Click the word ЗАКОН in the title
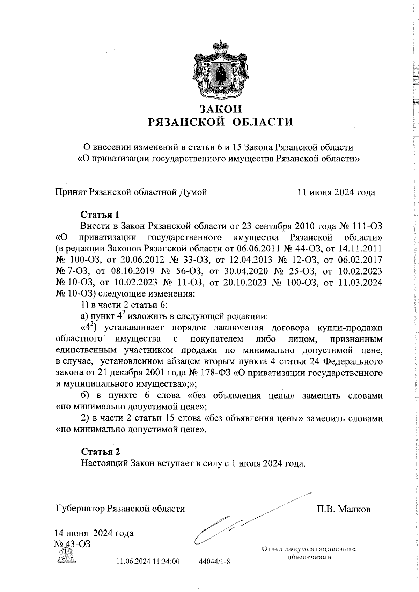click(x=220, y=109)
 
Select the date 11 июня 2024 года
click(x=336, y=192)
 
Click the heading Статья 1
click(x=100, y=214)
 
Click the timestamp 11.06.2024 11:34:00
click(x=148, y=571)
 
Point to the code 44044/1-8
click(x=214, y=571)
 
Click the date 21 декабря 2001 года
click(x=140, y=373)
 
